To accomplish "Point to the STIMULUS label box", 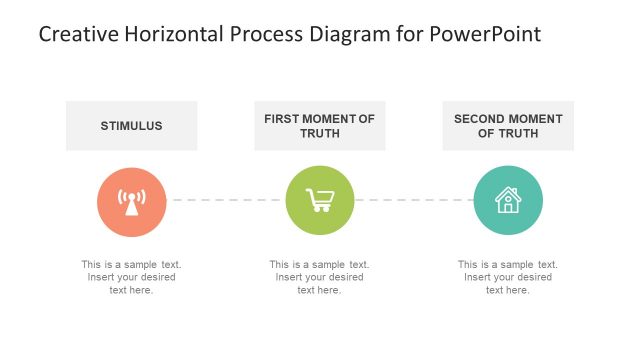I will pyautogui.click(x=131, y=126).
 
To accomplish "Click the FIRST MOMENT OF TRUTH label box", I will pyautogui.click(x=319, y=126).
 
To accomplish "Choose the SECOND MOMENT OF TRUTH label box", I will pyautogui.click(x=508, y=126).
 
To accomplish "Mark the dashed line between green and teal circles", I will pyautogui.click(x=414, y=200).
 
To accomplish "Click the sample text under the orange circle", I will pyautogui.click(x=131, y=277).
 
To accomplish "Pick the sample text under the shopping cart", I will pyautogui.click(x=319, y=277).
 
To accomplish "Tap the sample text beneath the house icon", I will pyautogui.click(x=508, y=277).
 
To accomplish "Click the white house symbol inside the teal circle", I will pyautogui.click(x=508, y=200).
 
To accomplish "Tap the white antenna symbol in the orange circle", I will pyautogui.click(x=131, y=202).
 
